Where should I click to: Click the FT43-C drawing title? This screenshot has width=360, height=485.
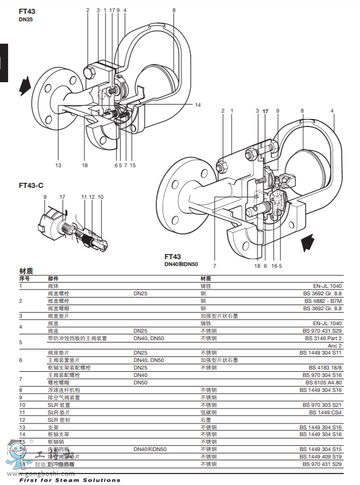click(x=31, y=186)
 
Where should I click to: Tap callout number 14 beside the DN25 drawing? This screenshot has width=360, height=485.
click(x=198, y=105)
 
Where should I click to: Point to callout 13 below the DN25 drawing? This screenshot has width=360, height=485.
click(x=58, y=165)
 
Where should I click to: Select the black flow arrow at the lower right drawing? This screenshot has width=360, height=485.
click(x=308, y=242)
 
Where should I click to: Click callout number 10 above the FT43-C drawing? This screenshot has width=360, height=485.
click(x=100, y=197)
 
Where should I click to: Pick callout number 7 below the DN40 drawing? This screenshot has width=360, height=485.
click(x=214, y=266)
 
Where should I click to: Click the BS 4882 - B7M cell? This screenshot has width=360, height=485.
click(x=326, y=301)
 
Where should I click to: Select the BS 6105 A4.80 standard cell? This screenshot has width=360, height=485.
click(x=326, y=382)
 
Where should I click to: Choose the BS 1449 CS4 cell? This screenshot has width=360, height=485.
click(x=326, y=412)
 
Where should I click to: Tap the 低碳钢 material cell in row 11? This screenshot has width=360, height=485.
click(x=208, y=412)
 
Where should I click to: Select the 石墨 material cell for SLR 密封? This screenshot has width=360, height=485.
click(x=206, y=419)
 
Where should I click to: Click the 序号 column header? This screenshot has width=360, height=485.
click(x=24, y=278)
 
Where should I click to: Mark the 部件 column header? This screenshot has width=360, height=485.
click(x=53, y=278)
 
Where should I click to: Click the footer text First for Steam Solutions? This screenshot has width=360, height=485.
click(x=69, y=480)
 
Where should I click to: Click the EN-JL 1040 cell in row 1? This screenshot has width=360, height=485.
click(x=327, y=286)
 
